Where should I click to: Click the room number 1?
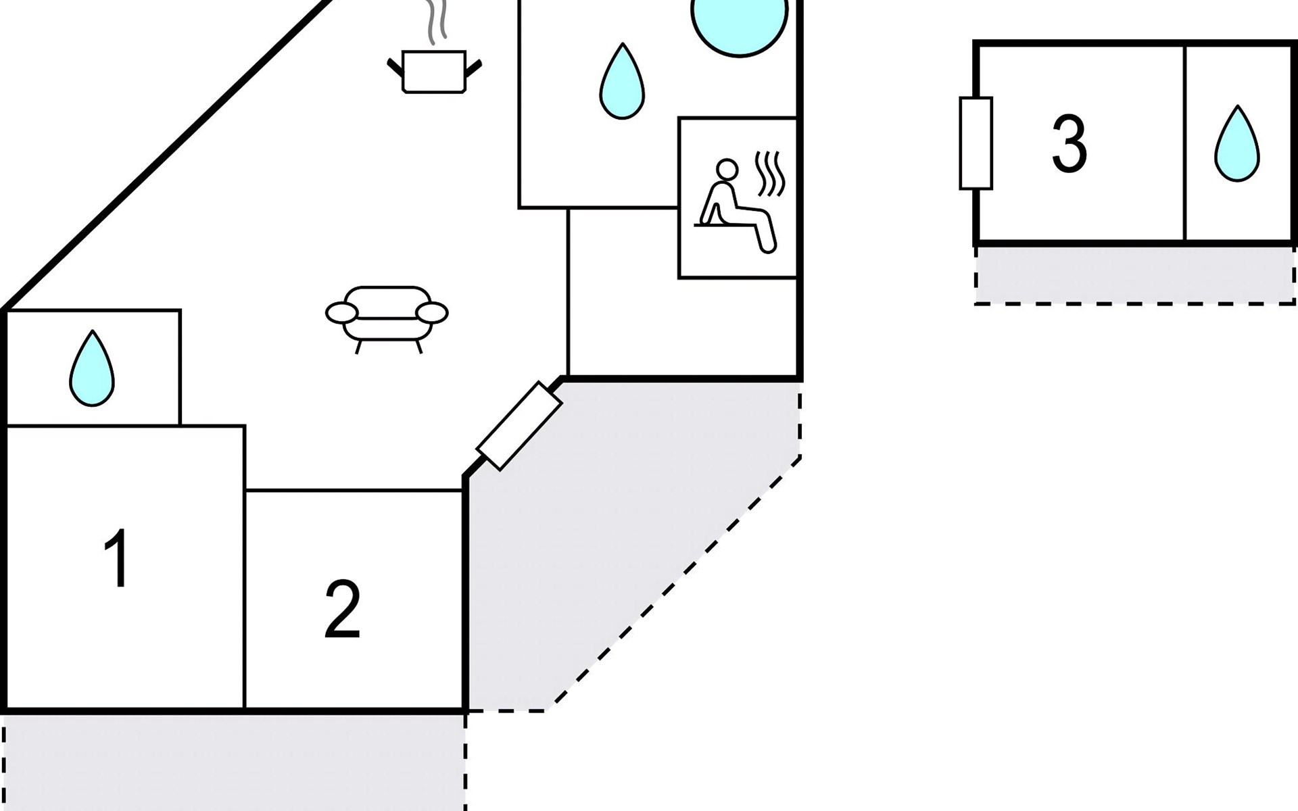117,559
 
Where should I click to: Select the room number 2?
342,609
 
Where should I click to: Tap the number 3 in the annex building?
1069,143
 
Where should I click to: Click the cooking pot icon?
434,71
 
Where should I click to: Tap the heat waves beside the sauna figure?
771,172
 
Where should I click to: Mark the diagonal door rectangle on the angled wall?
519,426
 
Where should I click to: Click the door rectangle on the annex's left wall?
976,143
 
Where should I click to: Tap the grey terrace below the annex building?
1134,274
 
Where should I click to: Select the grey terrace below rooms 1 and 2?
233,760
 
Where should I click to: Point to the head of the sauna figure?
727,170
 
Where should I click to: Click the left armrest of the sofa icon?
341,313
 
